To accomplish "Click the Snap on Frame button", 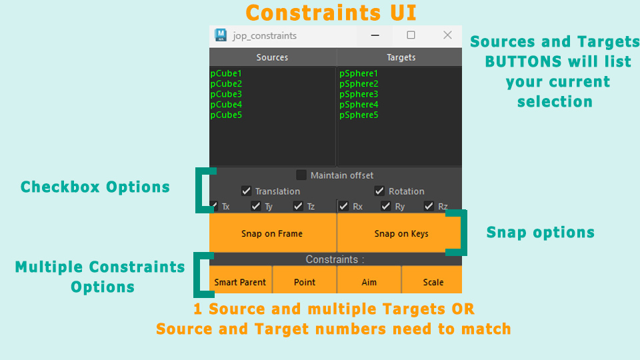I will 272,233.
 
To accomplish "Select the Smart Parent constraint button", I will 240,282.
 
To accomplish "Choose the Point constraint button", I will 305,282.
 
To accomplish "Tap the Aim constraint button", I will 369,282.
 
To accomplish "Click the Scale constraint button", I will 433,282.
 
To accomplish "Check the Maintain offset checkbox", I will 301,175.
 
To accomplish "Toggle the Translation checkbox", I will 247,191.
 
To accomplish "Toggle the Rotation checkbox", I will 380,191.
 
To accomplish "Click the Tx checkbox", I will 214,207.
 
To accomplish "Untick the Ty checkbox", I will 256,207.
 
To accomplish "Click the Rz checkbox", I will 429,207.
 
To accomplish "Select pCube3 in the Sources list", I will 227,94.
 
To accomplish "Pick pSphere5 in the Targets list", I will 359,115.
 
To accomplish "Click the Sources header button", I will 272,57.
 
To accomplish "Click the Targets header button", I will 401,57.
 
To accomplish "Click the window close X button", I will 447,35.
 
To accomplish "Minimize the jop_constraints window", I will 375,35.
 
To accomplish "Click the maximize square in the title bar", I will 411,35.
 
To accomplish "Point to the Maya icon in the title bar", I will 220,35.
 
